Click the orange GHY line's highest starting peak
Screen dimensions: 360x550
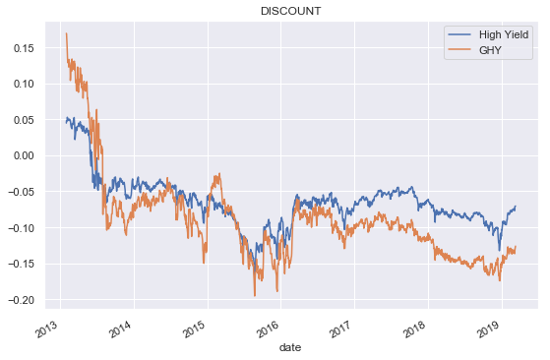[x=66, y=33]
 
